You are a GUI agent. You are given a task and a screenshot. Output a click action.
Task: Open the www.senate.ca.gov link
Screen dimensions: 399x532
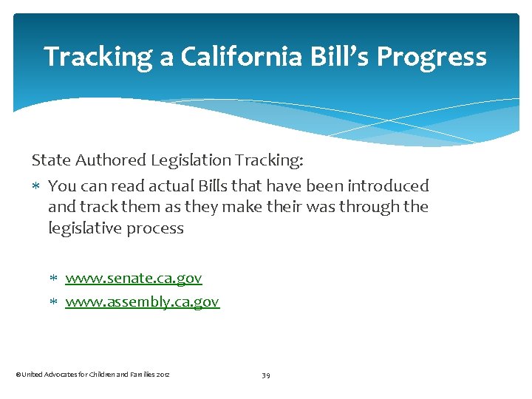[x=134, y=279]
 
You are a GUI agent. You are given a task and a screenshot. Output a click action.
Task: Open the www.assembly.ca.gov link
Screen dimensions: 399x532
[x=143, y=301]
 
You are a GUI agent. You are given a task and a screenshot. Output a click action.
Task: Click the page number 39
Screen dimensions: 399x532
[x=266, y=375]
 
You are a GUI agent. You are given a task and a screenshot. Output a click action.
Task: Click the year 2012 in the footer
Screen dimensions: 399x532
[x=163, y=375]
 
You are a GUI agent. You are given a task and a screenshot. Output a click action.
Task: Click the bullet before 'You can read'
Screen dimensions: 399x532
[x=38, y=186]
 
